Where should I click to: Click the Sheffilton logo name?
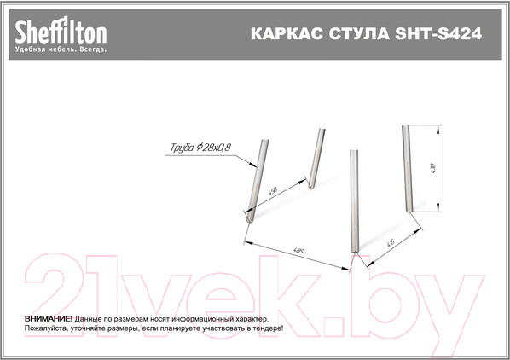pyautogui.click(x=60, y=32)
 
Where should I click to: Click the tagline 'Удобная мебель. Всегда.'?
pyautogui.click(x=60, y=49)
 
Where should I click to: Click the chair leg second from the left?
pyautogui.click(x=316, y=158)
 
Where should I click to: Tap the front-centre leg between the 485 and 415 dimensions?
pyautogui.click(x=354, y=200)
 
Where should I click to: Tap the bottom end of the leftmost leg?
pyautogui.click(x=248, y=218)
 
